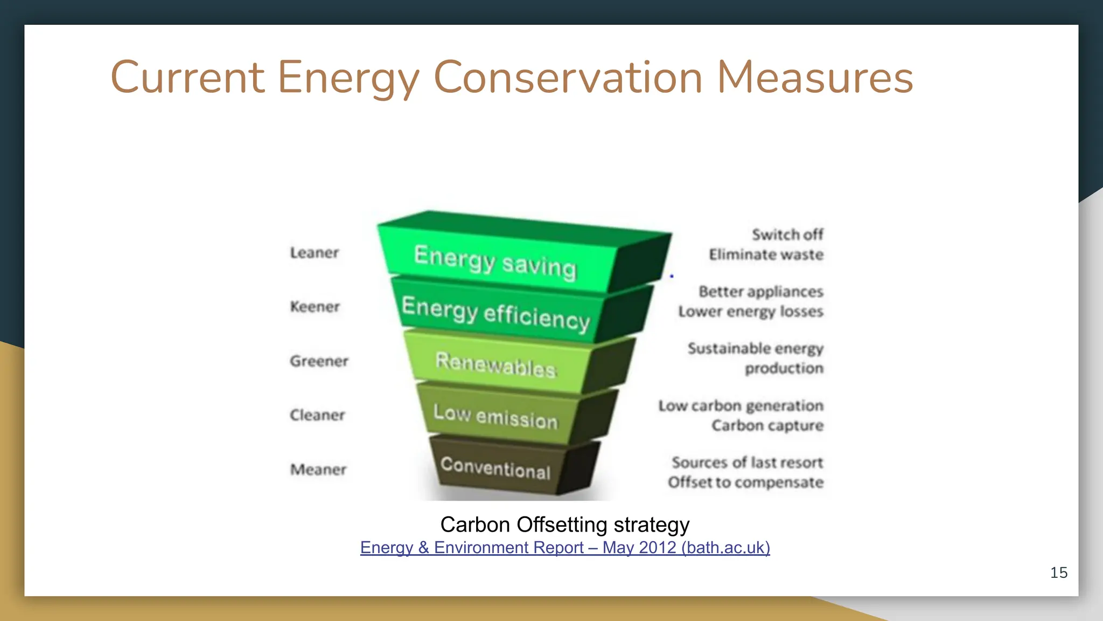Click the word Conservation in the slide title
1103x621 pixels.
(568, 78)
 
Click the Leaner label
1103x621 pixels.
(315, 252)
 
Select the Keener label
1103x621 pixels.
(315, 307)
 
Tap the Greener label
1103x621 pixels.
(319, 361)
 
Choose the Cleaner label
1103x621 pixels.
(317, 415)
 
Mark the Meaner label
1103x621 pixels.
(318, 470)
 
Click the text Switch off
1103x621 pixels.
(788, 234)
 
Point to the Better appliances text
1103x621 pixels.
(761, 292)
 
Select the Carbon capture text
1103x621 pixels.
(767, 426)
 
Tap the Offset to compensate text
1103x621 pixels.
(746, 482)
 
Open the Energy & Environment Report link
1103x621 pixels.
(565, 548)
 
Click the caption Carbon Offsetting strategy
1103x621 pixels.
(565, 525)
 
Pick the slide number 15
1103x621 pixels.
(1059, 572)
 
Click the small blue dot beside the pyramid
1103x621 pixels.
(672, 276)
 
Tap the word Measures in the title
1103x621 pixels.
(815, 78)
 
